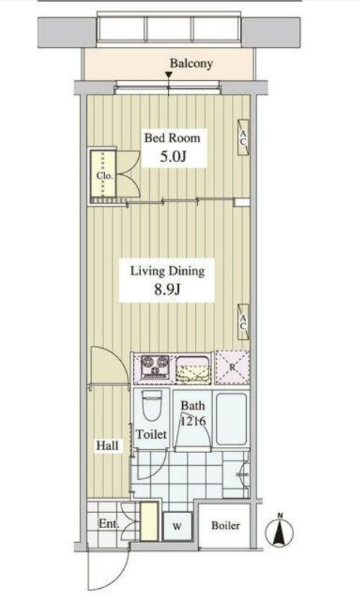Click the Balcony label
191,64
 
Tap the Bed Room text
172,138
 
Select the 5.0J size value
173,157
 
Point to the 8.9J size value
167,289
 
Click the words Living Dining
167,271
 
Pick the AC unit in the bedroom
243,137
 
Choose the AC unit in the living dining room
243,322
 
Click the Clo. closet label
104,176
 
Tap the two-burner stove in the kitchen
155,367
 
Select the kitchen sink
193,370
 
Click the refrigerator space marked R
232,367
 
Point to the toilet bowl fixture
152,405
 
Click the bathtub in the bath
231,419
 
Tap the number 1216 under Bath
193,421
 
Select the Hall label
107,445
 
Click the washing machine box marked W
177,526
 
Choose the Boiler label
226,526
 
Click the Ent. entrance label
109,523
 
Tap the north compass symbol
280,530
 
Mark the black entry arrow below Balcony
168,75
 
